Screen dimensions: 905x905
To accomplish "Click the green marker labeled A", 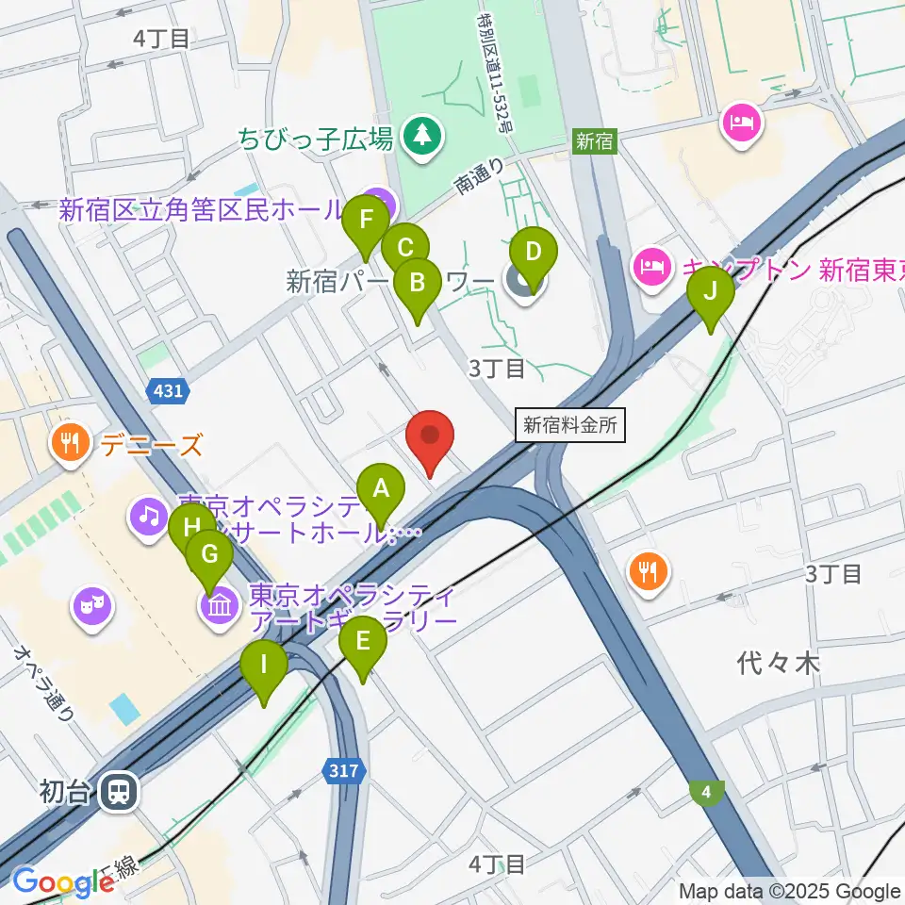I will (x=381, y=490).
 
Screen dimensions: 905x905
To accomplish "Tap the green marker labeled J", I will (x=711, y=291).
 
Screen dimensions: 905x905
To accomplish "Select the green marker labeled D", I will (x=533, y=254).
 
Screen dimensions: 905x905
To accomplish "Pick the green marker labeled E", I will (x=362, y=644).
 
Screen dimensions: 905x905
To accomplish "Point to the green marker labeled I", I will (x=265, y=666).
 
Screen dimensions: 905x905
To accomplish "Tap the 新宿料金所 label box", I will (x=571, y=425).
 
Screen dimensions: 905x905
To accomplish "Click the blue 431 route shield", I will (x=169, y=390).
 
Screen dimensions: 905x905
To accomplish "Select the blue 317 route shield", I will (x=344, y=771).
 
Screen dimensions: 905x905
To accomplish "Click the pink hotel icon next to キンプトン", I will (x=650, y=266).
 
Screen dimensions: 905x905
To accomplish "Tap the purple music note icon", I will (x=149, y=515).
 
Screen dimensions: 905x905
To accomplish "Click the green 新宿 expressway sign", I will (x=595, y=141).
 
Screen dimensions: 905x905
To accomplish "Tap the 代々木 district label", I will (x=779, y=664).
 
